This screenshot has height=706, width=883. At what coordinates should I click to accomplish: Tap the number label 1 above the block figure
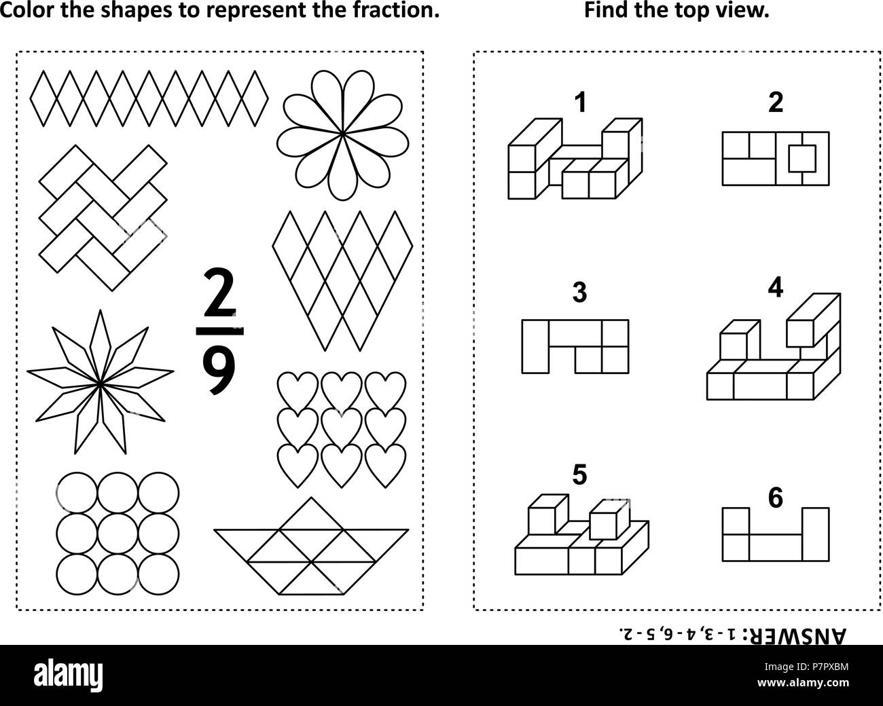(x=579, y=103)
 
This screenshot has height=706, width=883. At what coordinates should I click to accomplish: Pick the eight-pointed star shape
(x=100, y=382)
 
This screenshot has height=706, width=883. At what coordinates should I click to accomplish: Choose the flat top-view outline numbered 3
(x=575, y=346)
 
